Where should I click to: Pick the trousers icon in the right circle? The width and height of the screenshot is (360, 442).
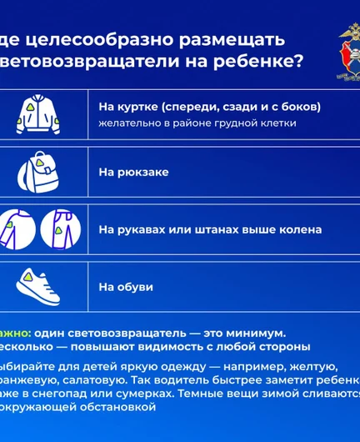(60, 228)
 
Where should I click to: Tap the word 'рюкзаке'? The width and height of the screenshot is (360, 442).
(142, 172)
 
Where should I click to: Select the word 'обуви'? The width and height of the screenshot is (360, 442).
(136, 286)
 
